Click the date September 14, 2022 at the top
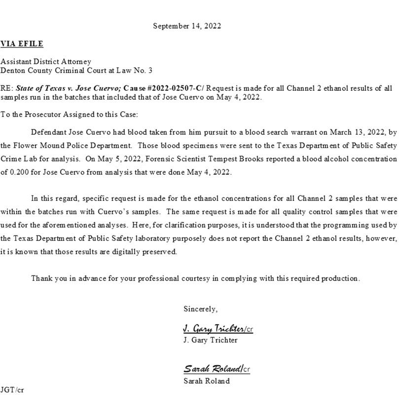click(x=187, y=26)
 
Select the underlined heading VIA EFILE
click(x=22, y=44)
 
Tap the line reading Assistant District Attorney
click(x=46, y=62)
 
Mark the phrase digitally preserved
click(x=144, y=251)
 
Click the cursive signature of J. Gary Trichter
click(x=214, y=329)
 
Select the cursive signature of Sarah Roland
click(x=213, y=369)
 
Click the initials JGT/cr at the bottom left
click(x=12, y=390)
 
